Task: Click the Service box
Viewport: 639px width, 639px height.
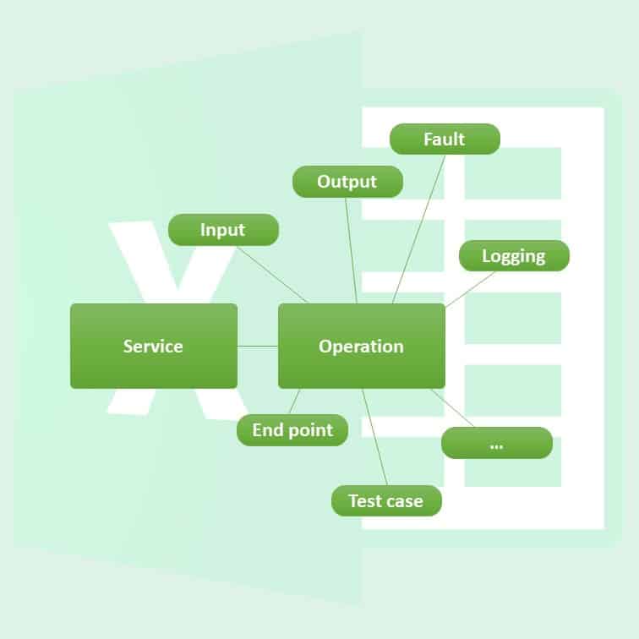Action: [153, 346]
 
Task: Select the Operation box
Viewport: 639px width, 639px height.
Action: [361, 346]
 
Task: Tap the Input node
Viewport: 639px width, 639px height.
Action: [223, 230]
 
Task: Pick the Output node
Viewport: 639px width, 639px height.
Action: [347, 182]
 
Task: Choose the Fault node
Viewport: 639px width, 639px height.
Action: [445, 139]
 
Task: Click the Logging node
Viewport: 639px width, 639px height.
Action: [514, 255]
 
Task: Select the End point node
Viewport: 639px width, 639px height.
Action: [292, 429]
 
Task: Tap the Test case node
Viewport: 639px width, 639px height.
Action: [385, 500]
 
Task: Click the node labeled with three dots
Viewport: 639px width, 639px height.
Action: [497, 443]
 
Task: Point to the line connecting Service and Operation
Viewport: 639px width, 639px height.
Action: [258, 346]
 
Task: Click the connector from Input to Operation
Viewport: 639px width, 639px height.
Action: [272, 274]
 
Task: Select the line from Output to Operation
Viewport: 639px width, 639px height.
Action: [352, 250]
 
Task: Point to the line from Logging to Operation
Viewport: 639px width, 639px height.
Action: [470, 288]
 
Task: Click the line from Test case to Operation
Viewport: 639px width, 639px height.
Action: [375, 437]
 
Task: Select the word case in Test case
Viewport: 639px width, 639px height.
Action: [404, 501]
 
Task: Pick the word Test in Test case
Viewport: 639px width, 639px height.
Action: [365, 501]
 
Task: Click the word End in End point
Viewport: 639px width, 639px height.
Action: [267, 430]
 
